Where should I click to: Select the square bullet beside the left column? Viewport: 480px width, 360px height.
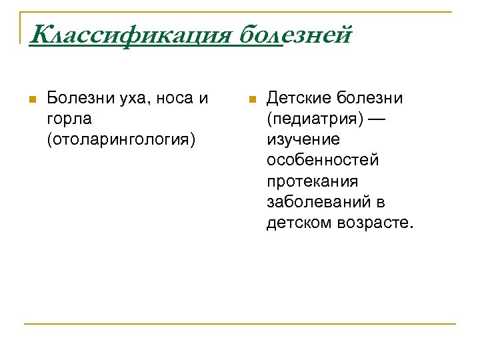(x=31, y=100)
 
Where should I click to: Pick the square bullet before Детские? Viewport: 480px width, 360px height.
(x=251, y=100)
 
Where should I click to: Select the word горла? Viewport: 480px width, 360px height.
(x=70, y=119)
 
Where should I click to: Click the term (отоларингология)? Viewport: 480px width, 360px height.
(x=122, y=140)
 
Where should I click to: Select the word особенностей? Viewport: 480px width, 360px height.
(x=323, y=161)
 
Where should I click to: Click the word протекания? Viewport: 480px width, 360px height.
(x=312, y=181)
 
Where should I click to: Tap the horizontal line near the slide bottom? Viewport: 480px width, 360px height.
(x=240, y=324)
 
